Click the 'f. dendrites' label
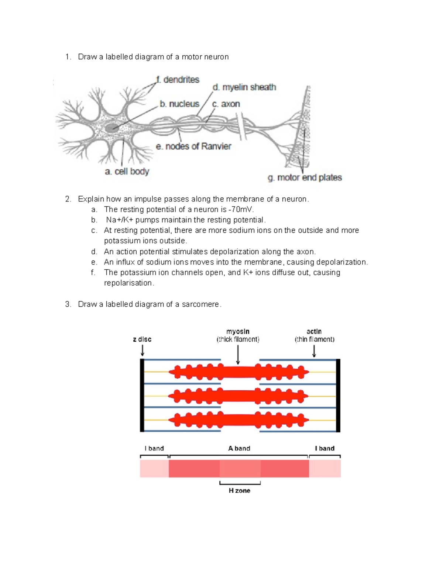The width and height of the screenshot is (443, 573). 178,80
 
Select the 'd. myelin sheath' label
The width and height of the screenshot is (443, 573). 244,87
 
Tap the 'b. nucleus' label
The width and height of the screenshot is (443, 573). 179,104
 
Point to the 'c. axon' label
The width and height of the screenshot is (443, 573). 226,104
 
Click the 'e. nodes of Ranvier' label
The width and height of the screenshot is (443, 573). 193,146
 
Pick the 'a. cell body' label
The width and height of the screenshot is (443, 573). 127,172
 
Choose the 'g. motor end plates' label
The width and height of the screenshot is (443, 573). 305,178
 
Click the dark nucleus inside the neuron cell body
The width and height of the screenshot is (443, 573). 111,128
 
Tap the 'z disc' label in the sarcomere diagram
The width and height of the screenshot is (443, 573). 142,339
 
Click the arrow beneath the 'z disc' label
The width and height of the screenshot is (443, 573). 142,350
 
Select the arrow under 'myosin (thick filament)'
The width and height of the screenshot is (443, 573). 238,355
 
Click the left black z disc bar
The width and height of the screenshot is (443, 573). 142,395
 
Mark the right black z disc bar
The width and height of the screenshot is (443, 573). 338,395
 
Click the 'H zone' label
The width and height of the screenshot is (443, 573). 240,491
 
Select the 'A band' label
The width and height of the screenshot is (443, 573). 239,448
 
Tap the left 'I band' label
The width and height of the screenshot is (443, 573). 154,448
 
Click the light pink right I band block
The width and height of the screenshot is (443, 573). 325,469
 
